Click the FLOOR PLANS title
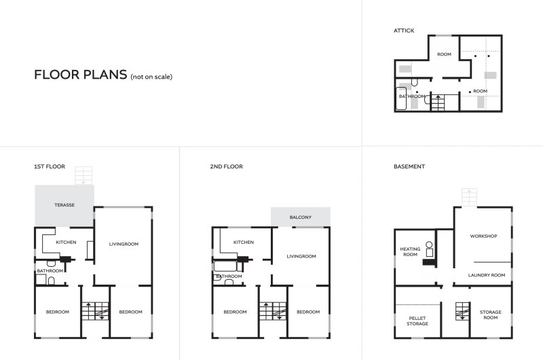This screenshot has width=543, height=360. [x=80, y=75]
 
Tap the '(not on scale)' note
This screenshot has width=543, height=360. [x=151, y=77]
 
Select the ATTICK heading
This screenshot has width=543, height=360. [x=404, y=31]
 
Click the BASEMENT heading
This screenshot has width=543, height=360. [x=409, y=166]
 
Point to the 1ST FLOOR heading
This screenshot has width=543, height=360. [x=50, y=166]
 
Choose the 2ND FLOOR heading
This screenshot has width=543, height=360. [x=227, y=166]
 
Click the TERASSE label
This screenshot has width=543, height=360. [x=64, y=204]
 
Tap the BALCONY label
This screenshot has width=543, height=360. [x=301, y=217]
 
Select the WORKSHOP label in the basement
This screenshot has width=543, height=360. [x=483, y=236]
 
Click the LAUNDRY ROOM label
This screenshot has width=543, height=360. [x=487, y=275]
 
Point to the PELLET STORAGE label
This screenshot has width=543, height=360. [x=417, y=321]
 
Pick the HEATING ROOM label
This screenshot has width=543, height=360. [x=410, y=251]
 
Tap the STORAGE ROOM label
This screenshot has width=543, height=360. [x=490, y=314]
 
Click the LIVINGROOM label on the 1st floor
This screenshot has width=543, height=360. [x=124, y=244]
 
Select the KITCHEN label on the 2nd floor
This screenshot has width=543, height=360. [x=244, y=242]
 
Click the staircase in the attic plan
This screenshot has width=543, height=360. [x=438, y=103]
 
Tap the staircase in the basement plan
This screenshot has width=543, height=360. [x=462, y=311]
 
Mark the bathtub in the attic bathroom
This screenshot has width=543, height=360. [x=401, y=98]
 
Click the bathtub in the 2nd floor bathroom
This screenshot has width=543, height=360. [x=225, y=266]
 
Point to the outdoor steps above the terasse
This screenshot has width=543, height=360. [x=83, y=176]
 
